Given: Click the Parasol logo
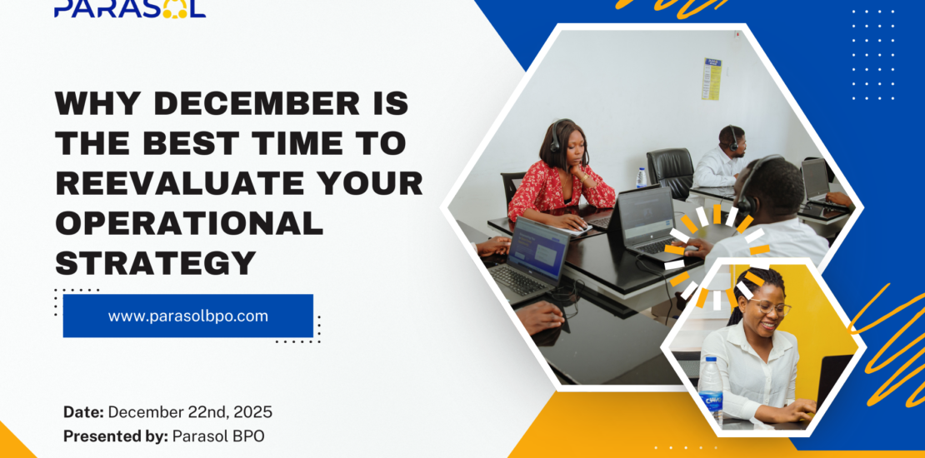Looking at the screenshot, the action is pyautogui.click(x=130, y=8).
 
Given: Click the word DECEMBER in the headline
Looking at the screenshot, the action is pyautogui.click(x=256, y=104).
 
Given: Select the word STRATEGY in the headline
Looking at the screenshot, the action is pyautogui.click(x=155, y=262).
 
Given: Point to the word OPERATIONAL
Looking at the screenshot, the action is pyautogui.click(x=189, y=223).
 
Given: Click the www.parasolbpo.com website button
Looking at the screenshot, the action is pyautogui.click(x=188, y=316).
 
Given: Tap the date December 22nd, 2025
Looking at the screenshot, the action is pyautogui.click(x=190, y=412).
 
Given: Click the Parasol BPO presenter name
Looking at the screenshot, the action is pyautogui.click(x=218, y=436).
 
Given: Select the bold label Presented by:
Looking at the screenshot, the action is pyautogui.click(x=116, y=436).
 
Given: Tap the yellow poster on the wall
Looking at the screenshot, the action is pyautogui.click(x=712, y=77).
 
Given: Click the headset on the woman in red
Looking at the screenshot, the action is pyautogui.click(x=557, y=137).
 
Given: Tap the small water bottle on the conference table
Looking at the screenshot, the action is pyautogui.click(x=641, y=178).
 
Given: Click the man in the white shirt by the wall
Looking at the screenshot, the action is pyautogui.click(x=722, y=158).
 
